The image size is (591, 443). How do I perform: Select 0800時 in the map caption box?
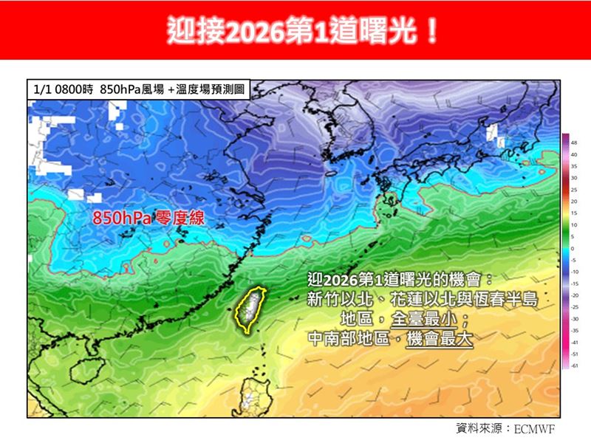click(x=75, y=89)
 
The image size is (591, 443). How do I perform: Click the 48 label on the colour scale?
click(x=574, y=142)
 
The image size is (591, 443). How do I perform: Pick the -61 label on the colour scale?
click(x=574, y=365)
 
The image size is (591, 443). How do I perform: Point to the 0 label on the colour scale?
click(x=573, y=248)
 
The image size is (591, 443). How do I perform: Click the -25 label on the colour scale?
click(x=574, y=307)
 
